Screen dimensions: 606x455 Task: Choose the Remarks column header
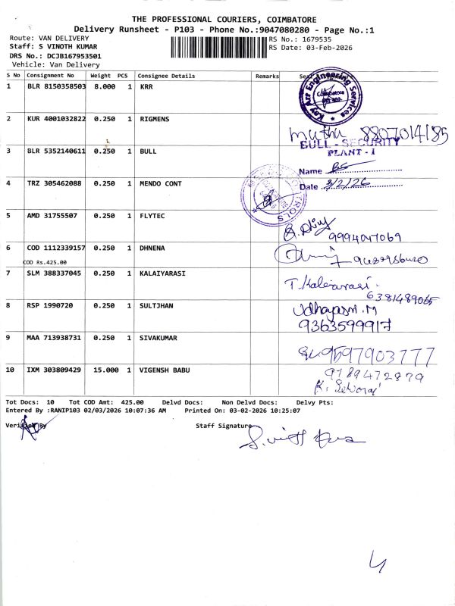267,76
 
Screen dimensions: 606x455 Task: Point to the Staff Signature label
223,426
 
